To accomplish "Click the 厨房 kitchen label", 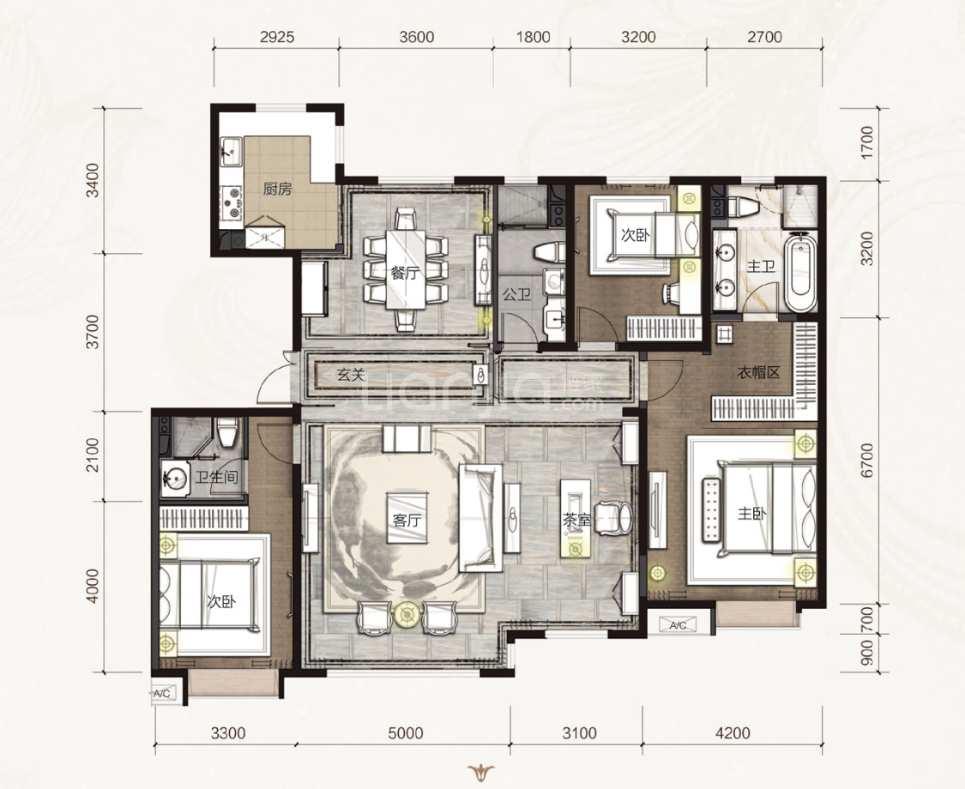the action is [278, 189].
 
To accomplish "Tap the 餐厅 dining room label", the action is [407, 272].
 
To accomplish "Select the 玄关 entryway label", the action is [352, 374].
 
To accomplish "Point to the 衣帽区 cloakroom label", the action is [759, 372].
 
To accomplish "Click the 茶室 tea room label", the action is [576, 521].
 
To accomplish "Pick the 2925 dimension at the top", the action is [277, 37].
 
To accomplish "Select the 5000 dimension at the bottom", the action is [406, 733].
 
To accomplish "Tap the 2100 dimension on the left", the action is [93, 455].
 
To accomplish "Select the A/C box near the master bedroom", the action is [678, 626].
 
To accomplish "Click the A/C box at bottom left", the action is [163, 694].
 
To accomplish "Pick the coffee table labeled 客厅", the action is [407, 517].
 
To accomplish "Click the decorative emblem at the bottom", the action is [482, 772].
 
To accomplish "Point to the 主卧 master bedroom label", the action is [752, 512].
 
